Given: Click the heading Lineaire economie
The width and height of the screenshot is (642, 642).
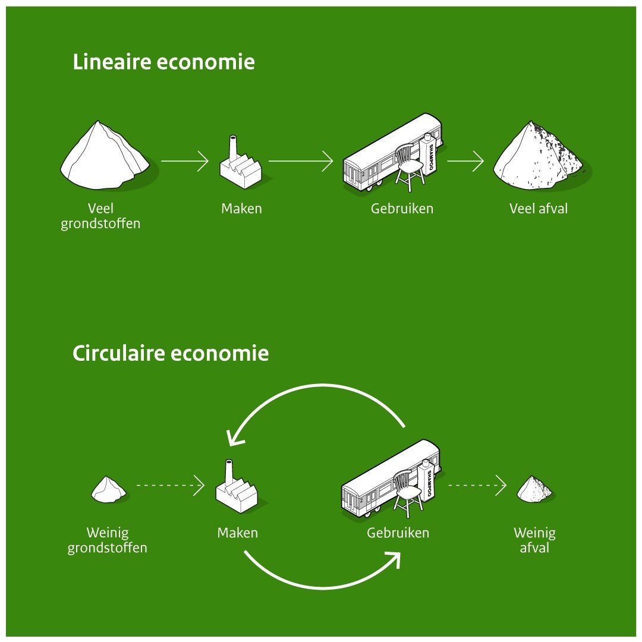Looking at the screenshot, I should pos(163,62).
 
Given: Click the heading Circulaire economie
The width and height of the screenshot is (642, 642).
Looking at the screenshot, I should pos(171,354).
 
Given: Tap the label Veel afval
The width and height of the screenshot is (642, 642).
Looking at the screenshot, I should pos(539,209).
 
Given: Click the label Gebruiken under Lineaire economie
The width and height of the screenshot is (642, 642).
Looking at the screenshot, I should pos(402,209).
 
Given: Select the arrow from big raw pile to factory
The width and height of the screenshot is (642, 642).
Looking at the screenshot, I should pos(184,160).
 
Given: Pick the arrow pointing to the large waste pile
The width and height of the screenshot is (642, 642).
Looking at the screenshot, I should pos(465,160).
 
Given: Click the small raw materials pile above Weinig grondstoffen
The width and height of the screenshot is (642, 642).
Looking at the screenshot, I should pos(108,489).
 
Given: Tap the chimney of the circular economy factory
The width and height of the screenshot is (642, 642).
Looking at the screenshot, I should pos(228,473).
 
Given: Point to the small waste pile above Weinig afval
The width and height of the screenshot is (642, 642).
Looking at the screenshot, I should pos(534,489).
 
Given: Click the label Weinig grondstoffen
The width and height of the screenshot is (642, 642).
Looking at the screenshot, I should pos(107,540).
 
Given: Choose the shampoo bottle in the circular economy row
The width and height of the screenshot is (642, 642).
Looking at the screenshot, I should pos(427,480).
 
